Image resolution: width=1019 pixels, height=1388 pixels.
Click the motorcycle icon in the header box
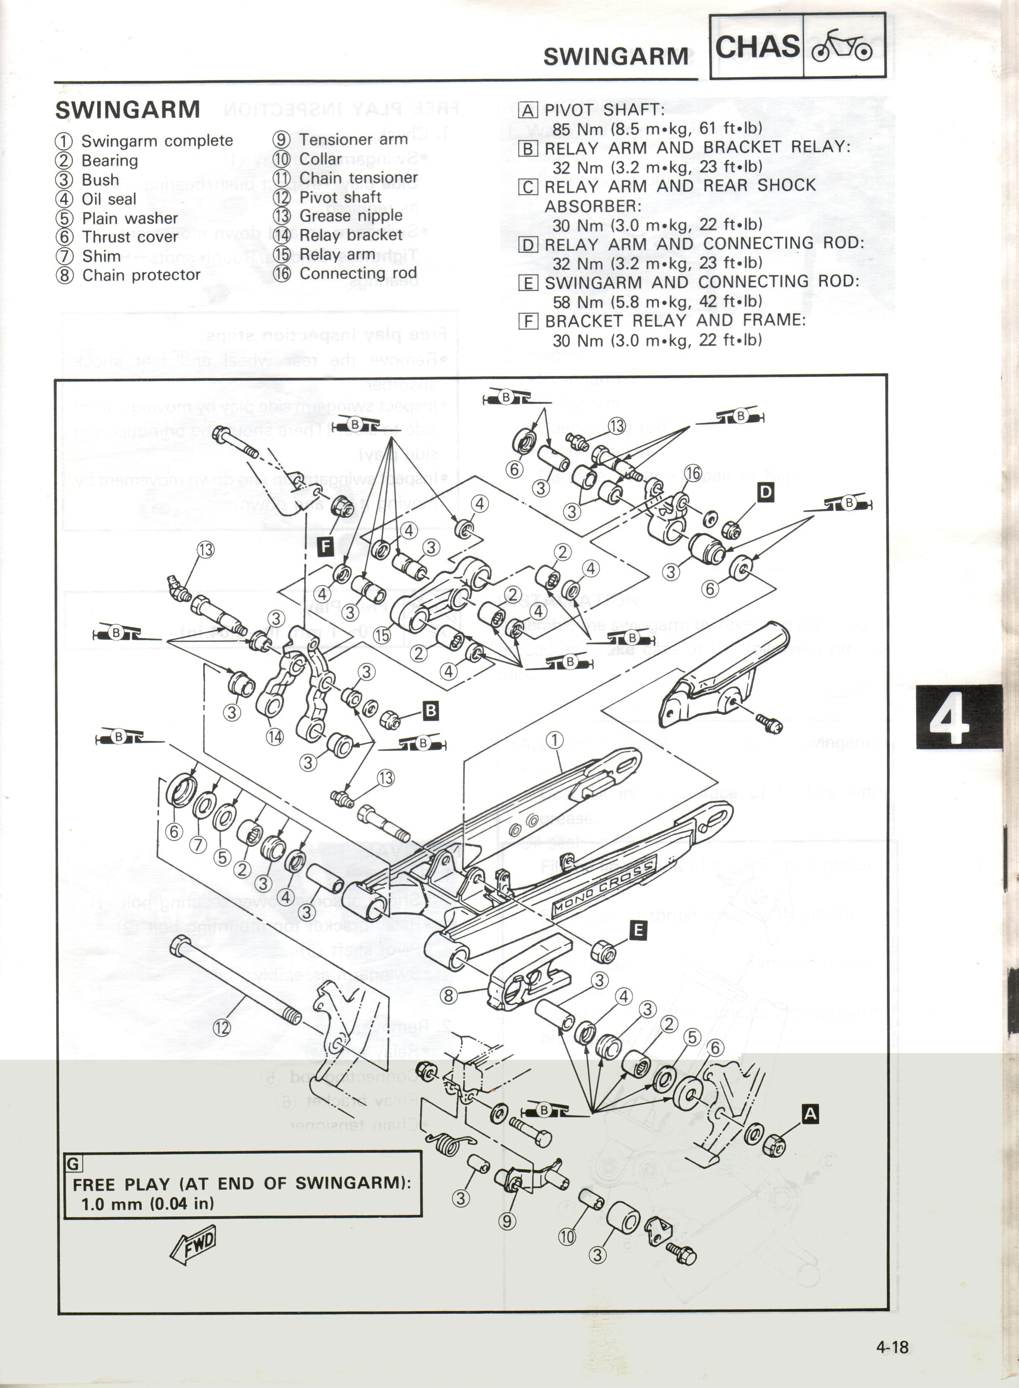[842, 46]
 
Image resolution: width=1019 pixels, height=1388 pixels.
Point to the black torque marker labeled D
[765, 492]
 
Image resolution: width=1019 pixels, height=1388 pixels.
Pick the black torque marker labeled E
[638, 930]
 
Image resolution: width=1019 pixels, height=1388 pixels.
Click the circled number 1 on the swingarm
[554, 740]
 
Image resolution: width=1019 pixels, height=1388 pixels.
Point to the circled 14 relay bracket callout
[275, 736]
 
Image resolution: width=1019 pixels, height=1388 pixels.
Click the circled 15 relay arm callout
[382, 635]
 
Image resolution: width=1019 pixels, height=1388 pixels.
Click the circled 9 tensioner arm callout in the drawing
[507, 1221]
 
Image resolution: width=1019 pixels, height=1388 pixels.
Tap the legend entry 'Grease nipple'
[350, 216]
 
